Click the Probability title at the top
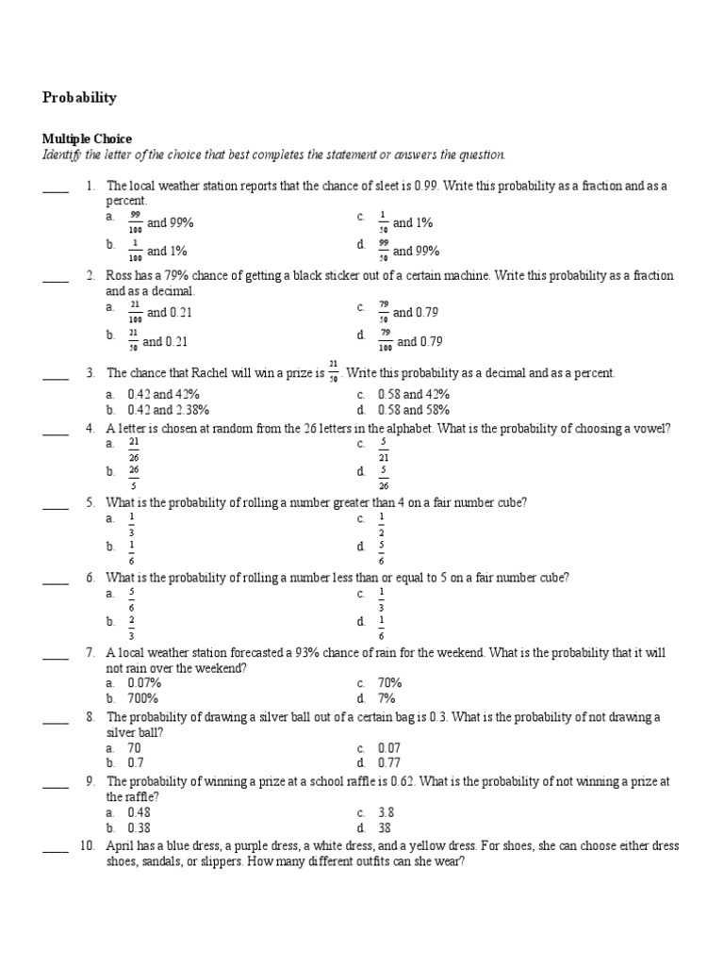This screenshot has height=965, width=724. [80, 97]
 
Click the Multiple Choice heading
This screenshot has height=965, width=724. [87, 139]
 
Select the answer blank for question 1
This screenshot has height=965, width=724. [56, 187]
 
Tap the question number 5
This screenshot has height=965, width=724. [90, 503]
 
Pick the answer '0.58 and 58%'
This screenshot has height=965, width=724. [413, 410]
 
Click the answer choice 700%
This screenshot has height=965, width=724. [143, 698]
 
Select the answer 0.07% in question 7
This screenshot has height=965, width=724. [145, 682]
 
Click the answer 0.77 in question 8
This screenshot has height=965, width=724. [389, 762]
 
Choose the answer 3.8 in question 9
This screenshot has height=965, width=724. [386, 811]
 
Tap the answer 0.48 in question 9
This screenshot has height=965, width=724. [139, 811]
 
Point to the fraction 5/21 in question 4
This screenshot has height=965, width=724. [384, 449]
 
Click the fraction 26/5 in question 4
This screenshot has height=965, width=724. [134, 477]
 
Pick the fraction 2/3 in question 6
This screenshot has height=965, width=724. [132, 627]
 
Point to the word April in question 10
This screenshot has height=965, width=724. [121, 846]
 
